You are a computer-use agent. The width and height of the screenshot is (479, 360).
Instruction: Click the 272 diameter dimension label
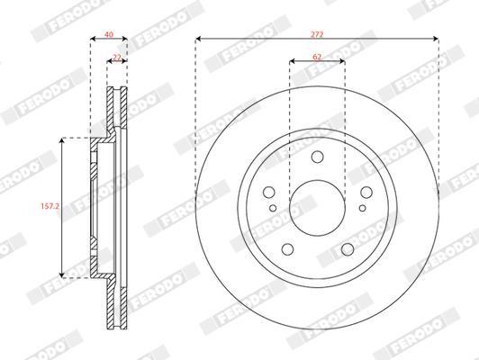(x=317, y=34)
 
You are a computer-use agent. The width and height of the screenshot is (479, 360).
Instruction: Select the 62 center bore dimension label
(x=317, y=57)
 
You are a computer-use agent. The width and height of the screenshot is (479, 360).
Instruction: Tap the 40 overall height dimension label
(x=109, y=34)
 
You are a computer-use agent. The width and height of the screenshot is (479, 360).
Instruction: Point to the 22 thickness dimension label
(x=117, y=58)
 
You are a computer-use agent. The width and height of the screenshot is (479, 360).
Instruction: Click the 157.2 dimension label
(x=50, y=206)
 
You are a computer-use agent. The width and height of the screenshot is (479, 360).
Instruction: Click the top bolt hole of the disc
(x=318, y=157)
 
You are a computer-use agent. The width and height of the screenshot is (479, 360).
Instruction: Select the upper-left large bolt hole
(x=269, y=193)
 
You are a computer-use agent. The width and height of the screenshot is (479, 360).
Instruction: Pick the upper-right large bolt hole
(x=366, y=193)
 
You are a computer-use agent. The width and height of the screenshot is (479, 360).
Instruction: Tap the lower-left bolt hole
(x=287, y=249)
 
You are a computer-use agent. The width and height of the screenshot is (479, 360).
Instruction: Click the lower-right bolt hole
(x=348, y=249)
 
